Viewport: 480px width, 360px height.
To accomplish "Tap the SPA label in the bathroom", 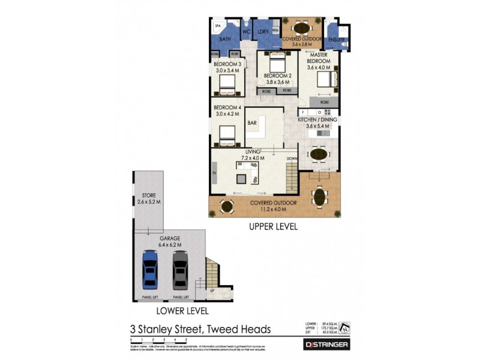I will click(218, 26).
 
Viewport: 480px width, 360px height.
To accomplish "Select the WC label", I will click(246, 32).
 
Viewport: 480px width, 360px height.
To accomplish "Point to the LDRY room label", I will click(262, 32).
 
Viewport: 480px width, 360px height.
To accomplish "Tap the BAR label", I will click(252, 123).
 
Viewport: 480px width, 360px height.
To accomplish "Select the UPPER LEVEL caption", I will click(273, 227).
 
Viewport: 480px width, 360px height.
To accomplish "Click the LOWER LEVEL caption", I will click(182, 311).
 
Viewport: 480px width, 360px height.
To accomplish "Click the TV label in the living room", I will click(213, 173).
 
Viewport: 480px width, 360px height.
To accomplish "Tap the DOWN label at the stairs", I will click(292, 159).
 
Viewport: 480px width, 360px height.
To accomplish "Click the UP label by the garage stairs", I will click(212, 291).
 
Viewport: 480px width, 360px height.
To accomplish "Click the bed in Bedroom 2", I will click(277, 64).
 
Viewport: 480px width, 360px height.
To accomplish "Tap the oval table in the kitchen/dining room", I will click(319, 155).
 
